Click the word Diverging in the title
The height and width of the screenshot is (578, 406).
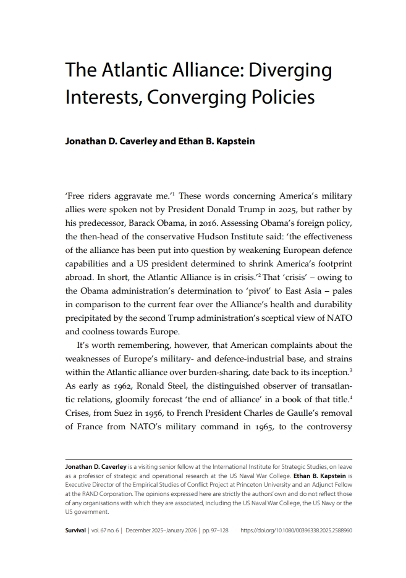[x=290, y=70]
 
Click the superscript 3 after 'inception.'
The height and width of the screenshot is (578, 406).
[x=350, y=370]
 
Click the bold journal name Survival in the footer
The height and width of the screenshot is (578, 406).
[x=77, y=530]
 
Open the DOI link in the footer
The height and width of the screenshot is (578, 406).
[x=295, y=530]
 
